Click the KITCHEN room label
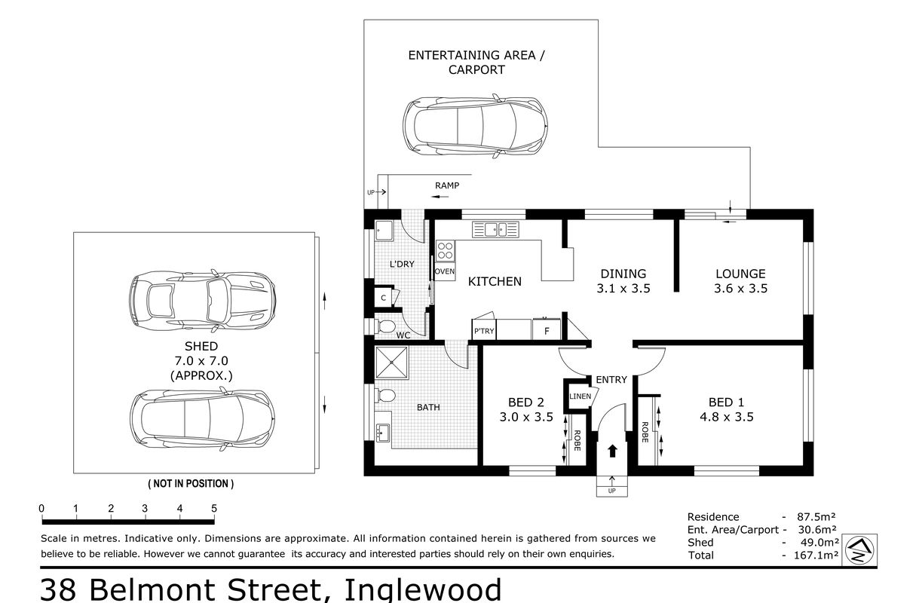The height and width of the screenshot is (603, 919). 495,281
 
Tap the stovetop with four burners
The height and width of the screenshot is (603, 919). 445,251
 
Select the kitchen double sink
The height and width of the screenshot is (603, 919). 495,229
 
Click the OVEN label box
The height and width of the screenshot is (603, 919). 445,271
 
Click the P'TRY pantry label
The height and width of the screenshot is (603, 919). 484,331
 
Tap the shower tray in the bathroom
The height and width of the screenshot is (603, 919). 392,363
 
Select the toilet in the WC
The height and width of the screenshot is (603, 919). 384,326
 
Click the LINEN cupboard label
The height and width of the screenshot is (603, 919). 580,396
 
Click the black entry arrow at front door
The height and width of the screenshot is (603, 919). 612,451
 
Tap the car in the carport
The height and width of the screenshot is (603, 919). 476,126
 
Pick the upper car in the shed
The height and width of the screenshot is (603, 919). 202,300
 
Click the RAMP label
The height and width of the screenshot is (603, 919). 447,185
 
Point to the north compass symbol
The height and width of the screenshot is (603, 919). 859,550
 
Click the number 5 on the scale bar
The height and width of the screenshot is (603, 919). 214,509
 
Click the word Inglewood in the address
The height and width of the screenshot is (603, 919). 423,589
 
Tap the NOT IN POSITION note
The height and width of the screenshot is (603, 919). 191,484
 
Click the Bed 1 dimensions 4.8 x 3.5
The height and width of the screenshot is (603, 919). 727,417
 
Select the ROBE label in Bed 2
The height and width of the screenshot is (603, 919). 577,440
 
